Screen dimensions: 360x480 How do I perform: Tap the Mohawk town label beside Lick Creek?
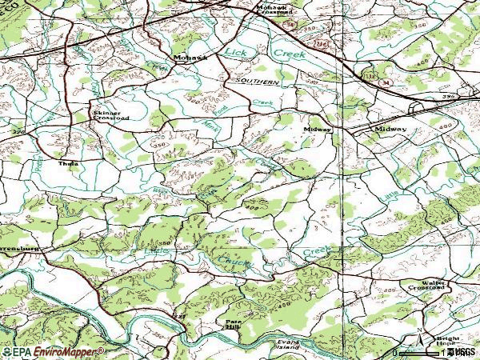coord(188,58)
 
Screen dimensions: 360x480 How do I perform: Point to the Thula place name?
coord(69,162)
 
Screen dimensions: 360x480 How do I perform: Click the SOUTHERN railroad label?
coord(257,82)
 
